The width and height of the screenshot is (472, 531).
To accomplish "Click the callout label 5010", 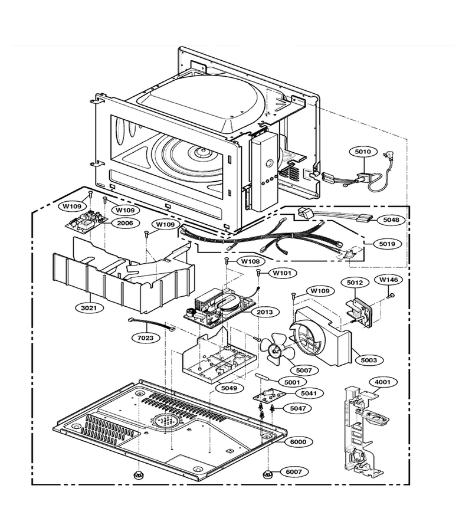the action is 363,152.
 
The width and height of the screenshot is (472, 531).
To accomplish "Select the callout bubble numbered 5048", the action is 391,219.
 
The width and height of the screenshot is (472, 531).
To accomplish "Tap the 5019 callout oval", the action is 387,244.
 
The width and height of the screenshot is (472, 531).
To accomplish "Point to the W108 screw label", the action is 250,261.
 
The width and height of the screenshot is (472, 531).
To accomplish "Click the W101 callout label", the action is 281,273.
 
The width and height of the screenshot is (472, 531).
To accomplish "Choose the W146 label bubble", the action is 388,280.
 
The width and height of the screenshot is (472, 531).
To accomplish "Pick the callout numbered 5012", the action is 355,282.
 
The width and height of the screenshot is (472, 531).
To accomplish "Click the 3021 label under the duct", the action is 88,307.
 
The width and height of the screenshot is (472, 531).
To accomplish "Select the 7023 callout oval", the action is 146,337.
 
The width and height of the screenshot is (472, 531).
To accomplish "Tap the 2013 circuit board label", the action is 264,312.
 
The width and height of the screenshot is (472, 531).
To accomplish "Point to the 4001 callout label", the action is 382,382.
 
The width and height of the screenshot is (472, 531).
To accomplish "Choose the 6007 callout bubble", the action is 294,472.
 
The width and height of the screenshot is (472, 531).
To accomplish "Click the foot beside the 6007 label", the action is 267,474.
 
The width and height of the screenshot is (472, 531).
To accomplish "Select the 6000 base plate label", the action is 298,441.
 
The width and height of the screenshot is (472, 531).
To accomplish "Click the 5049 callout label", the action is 230,388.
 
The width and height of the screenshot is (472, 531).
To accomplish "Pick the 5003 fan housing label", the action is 368,360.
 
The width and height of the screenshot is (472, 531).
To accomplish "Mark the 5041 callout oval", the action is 309,393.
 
